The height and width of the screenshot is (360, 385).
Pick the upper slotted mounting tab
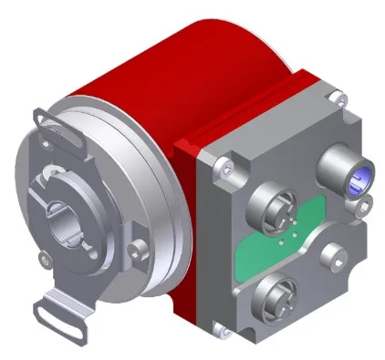(44, 118)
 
